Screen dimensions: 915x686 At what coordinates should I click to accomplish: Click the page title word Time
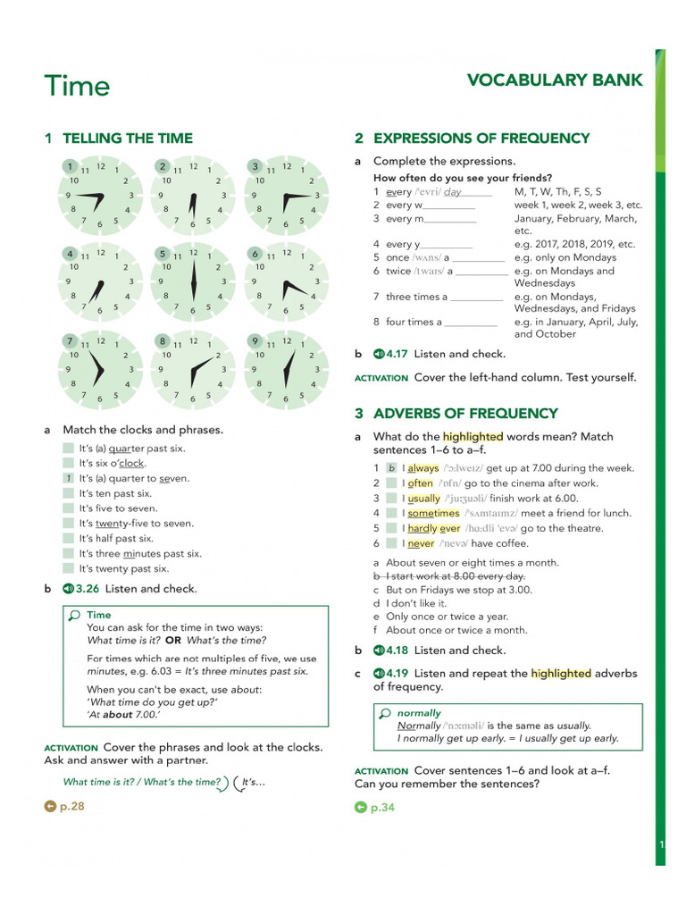pos(77,87)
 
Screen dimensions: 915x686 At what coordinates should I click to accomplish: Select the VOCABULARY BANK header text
pos(554,80)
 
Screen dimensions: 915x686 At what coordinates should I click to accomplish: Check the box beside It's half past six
pos(69,539)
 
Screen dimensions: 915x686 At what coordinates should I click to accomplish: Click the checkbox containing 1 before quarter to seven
pos(69,478)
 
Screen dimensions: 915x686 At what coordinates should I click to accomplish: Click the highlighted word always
pos(423,468)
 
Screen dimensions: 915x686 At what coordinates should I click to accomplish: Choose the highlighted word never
pos(421,543)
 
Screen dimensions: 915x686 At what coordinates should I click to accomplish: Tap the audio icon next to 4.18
pos(379,651)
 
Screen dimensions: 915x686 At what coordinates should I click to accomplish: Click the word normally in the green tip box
pos(419,713)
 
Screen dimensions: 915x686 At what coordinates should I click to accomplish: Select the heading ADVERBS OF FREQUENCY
pos(464,414)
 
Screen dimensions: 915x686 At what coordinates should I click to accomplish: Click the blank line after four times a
pos(471,323)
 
